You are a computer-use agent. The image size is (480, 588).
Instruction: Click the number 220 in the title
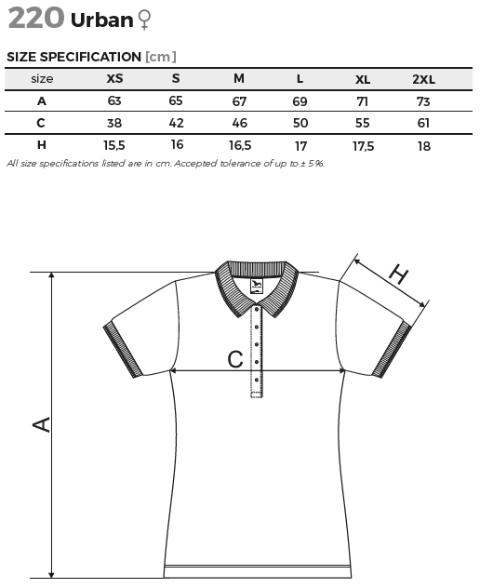[x=36, y=19]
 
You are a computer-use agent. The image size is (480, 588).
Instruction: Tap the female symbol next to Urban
[x=144, y=20]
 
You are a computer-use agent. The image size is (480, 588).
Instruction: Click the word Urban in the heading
[x=102, y=20]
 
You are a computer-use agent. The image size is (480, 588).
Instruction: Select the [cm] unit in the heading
[x=161, y=57]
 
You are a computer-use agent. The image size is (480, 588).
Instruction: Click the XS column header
[x=114, y=78]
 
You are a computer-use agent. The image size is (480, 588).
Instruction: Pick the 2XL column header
[x=424, y=79]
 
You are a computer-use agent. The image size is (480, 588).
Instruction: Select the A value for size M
[x=239, y=101]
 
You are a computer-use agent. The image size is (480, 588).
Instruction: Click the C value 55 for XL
[x=362, y=123]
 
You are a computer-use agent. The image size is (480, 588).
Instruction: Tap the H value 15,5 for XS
[x=114, y=145]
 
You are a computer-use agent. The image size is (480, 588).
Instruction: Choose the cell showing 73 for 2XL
[x=423, y=101]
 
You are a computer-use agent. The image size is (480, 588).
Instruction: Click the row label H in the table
[x=41, y=145]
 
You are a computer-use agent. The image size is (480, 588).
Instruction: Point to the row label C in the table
[x=41, y=123]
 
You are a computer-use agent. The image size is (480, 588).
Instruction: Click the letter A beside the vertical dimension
[x=41, y=424]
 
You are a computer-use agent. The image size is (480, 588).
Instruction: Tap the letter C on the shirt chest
[x=235, y=359]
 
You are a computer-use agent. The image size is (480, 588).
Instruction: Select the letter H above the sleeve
[x=398, y=274]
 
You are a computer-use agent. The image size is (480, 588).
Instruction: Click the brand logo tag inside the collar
[x=257, y=287]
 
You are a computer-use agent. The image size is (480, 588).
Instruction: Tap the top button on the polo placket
[x=257, y=310]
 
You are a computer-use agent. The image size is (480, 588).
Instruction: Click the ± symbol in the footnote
[x=302, y=164]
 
